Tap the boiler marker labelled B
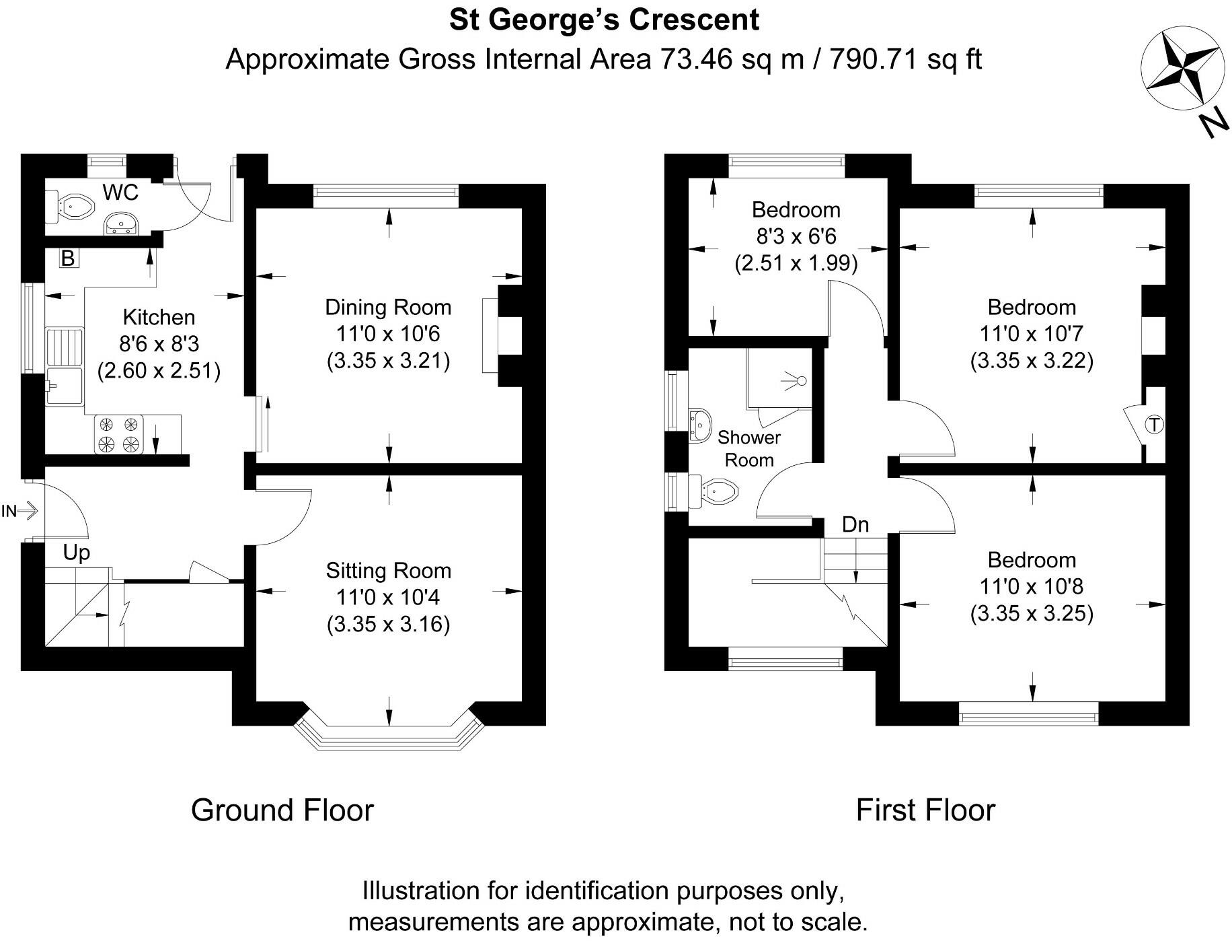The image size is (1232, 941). (68, 258)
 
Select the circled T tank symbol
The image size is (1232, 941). (1154, 425)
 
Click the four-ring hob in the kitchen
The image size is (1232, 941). (119, 434)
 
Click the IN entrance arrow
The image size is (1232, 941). (20, 512)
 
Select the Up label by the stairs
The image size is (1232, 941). (76, 553)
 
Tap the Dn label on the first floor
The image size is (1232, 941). (855, 524)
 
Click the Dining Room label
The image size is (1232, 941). (388, 308)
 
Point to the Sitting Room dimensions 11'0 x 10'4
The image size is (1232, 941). (388, 598)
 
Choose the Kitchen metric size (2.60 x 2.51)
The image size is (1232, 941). (159, 371)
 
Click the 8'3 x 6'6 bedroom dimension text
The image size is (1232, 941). (796, 236)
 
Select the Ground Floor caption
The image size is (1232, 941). (282, 810)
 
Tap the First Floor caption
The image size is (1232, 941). (925, 810)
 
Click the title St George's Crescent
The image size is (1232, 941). (604, 20)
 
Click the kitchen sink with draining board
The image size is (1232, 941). (65, 366)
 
